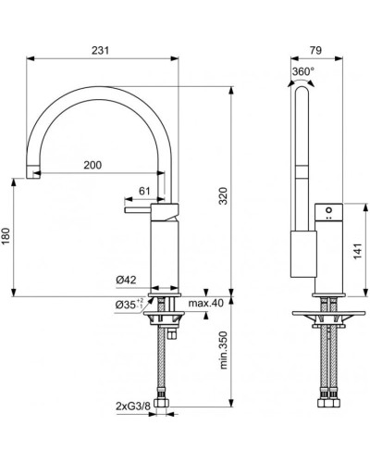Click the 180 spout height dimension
[8, 237]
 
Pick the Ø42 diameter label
[127, 280]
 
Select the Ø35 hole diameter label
[127, 305]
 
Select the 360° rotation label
[303, 71]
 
